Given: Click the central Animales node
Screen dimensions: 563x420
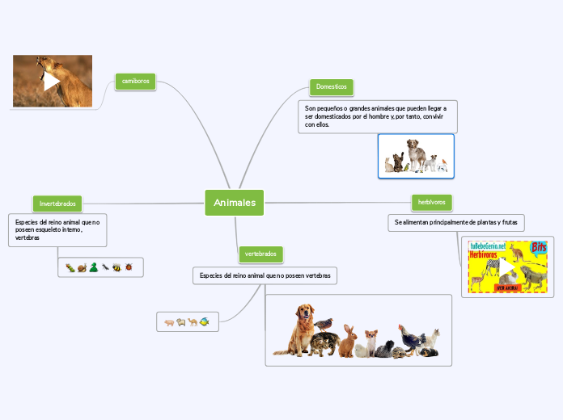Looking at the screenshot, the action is tap(235, 203).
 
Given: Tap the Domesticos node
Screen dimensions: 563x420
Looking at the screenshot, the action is tap(332, 86).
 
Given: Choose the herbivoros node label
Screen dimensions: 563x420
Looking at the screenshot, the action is tap(433, 200).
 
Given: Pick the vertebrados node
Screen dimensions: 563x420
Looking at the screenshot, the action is tap(260, 254).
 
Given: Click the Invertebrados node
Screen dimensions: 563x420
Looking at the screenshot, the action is tap(57, 203).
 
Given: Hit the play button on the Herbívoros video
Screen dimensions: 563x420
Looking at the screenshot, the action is tap(506, 267).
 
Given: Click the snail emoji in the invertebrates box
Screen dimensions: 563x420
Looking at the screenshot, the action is tap(82, 267).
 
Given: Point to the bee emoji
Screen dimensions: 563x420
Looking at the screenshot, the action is tap(116, 267).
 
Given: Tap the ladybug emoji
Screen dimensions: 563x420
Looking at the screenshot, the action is tap(129, 267).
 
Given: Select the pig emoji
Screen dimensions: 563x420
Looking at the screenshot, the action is tap(170, 321).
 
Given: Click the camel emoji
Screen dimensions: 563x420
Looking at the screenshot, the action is tap(193, 321).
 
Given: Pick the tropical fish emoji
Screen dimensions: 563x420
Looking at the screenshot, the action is tap(205, 321).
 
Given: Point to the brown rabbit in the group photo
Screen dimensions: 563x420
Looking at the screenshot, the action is tap(348, 342).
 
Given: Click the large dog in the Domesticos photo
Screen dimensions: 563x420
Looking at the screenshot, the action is tap(416, 153).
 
